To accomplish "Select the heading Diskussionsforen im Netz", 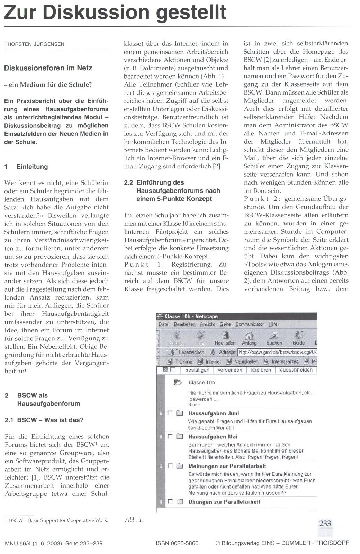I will tap(48, 68).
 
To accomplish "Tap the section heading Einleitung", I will tap(32, 167).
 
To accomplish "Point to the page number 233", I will tap(325, 524).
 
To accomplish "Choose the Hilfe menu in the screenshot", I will tap(273, 324).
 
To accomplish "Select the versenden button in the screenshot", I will tap(230, 370).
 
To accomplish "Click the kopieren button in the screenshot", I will tap(261, 370).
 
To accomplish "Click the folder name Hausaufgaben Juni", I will tap(214, 413).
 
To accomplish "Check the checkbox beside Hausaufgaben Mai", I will tap(170, 437).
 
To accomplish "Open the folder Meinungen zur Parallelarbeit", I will tap(227, 466).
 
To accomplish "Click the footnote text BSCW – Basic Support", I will tap(58, 520).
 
